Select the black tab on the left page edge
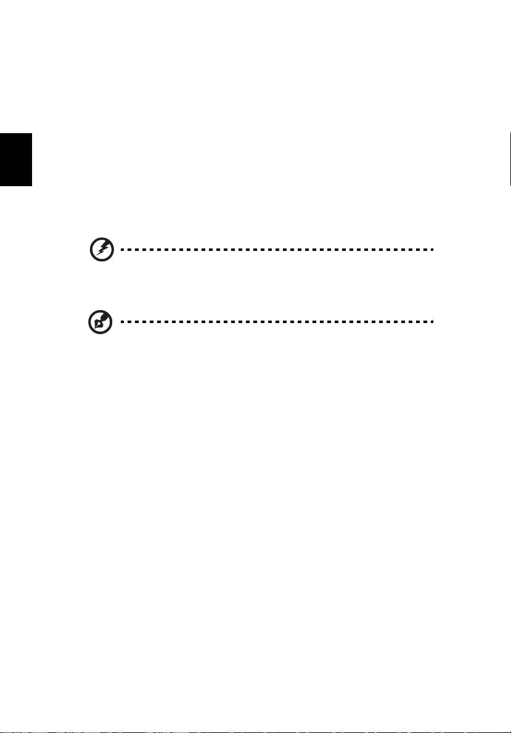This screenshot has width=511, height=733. (15, 158)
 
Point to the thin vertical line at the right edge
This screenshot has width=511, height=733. (510, 158)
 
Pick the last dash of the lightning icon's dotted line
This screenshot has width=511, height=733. (433, 250)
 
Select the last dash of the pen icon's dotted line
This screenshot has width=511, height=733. (433, 322)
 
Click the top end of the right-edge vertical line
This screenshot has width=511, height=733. (510, 133)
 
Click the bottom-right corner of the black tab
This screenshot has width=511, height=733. (31, 186)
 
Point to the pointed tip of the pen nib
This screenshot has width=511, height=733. (93, 327)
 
